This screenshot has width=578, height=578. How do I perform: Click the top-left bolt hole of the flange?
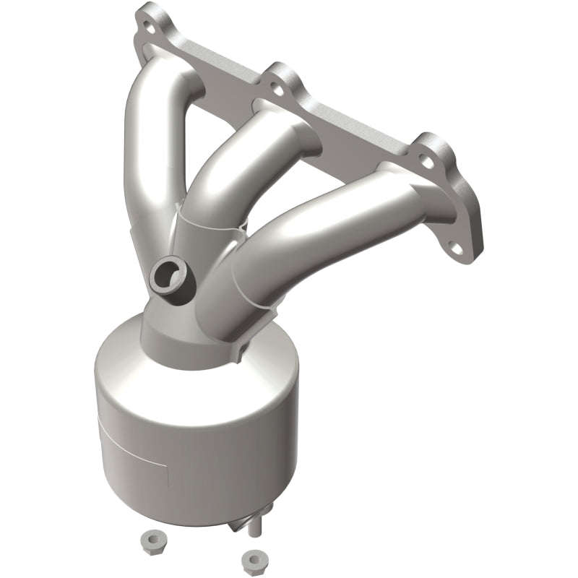150,30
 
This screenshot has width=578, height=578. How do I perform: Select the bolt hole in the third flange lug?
424,152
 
